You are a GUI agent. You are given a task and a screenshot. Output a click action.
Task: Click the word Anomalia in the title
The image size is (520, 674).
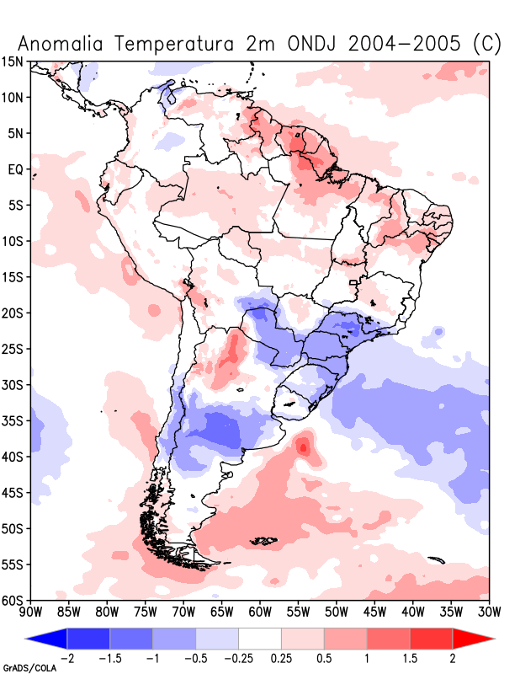(x=61, y=44)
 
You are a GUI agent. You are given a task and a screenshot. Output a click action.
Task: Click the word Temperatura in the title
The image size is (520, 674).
(x=174, y=44)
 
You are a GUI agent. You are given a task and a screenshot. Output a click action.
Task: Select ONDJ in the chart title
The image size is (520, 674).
(x=311, y=44)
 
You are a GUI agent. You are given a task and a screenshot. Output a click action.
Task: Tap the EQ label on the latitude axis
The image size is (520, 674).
(x=14, y=169)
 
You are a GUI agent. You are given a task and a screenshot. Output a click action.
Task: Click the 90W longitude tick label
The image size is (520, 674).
(x=30, y=612)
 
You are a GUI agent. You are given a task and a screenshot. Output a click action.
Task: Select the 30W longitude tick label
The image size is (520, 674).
(x=489, y=612)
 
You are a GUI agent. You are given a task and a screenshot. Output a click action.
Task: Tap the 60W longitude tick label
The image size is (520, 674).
(x=260, y=612)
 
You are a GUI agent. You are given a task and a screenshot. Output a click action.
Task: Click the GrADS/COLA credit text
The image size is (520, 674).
(x=29, y=668)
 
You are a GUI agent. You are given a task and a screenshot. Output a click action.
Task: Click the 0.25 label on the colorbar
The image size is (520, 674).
(x=281, y=658)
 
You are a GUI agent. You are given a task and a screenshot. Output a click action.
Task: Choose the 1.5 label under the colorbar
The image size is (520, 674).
(x=410, y=658)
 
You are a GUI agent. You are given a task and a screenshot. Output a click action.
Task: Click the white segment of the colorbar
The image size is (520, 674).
(x=260, y=639)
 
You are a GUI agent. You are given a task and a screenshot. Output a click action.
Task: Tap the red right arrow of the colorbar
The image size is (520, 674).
(x=473, y=639)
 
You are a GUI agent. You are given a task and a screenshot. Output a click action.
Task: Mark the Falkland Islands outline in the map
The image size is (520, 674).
(x=263, y=541)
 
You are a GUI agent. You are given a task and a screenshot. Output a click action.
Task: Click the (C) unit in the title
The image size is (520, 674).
(x=487, y=44)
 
